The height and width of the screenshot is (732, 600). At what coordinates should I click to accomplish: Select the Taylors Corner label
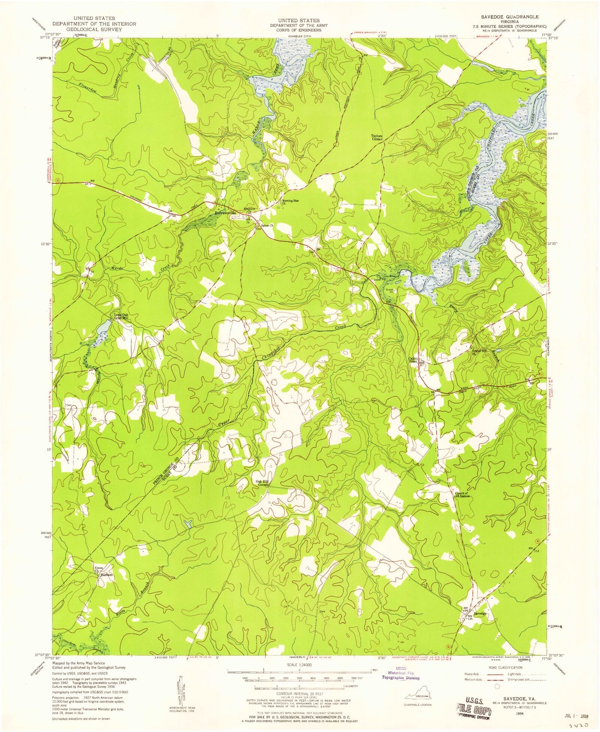coord(377,137)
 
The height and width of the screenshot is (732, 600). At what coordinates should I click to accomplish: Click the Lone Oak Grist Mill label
coord(121,317)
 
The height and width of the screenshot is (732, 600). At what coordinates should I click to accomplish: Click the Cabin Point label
coord(413,360)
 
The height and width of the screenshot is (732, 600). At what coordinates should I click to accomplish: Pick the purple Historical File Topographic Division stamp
coord(400,675)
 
